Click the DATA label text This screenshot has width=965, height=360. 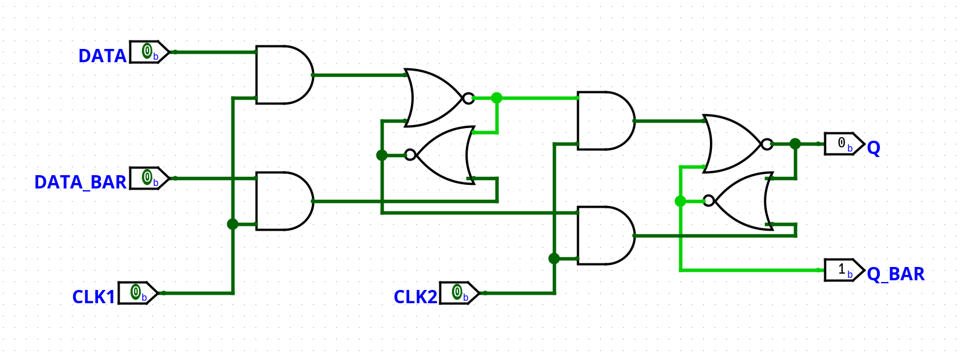point(102,56)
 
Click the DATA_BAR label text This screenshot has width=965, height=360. point(80,182)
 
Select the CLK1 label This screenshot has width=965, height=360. point(93,297)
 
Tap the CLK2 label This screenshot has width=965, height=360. point(415,297)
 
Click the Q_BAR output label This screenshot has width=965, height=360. point(895,274)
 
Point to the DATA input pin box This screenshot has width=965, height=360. point(147,53)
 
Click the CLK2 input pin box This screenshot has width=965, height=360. point(457,293)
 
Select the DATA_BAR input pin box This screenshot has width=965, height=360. point(147,178)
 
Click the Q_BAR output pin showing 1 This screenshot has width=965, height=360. point(843,270)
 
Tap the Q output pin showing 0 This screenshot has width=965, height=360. point(843,144)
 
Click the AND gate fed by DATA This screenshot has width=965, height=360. point(282,75)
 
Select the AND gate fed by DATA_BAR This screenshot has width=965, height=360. point(282,201)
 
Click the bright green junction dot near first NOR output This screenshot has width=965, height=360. point(497,98)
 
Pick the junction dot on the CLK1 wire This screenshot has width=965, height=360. point(233,224)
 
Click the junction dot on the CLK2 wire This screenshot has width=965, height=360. point(554,259)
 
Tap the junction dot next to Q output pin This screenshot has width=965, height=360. point(795,144)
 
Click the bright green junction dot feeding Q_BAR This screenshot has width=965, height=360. point(680,201)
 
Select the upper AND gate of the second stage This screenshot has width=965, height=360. point(604,121)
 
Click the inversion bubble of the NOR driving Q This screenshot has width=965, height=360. point(767,144)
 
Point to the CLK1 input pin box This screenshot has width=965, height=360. point(137,293)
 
